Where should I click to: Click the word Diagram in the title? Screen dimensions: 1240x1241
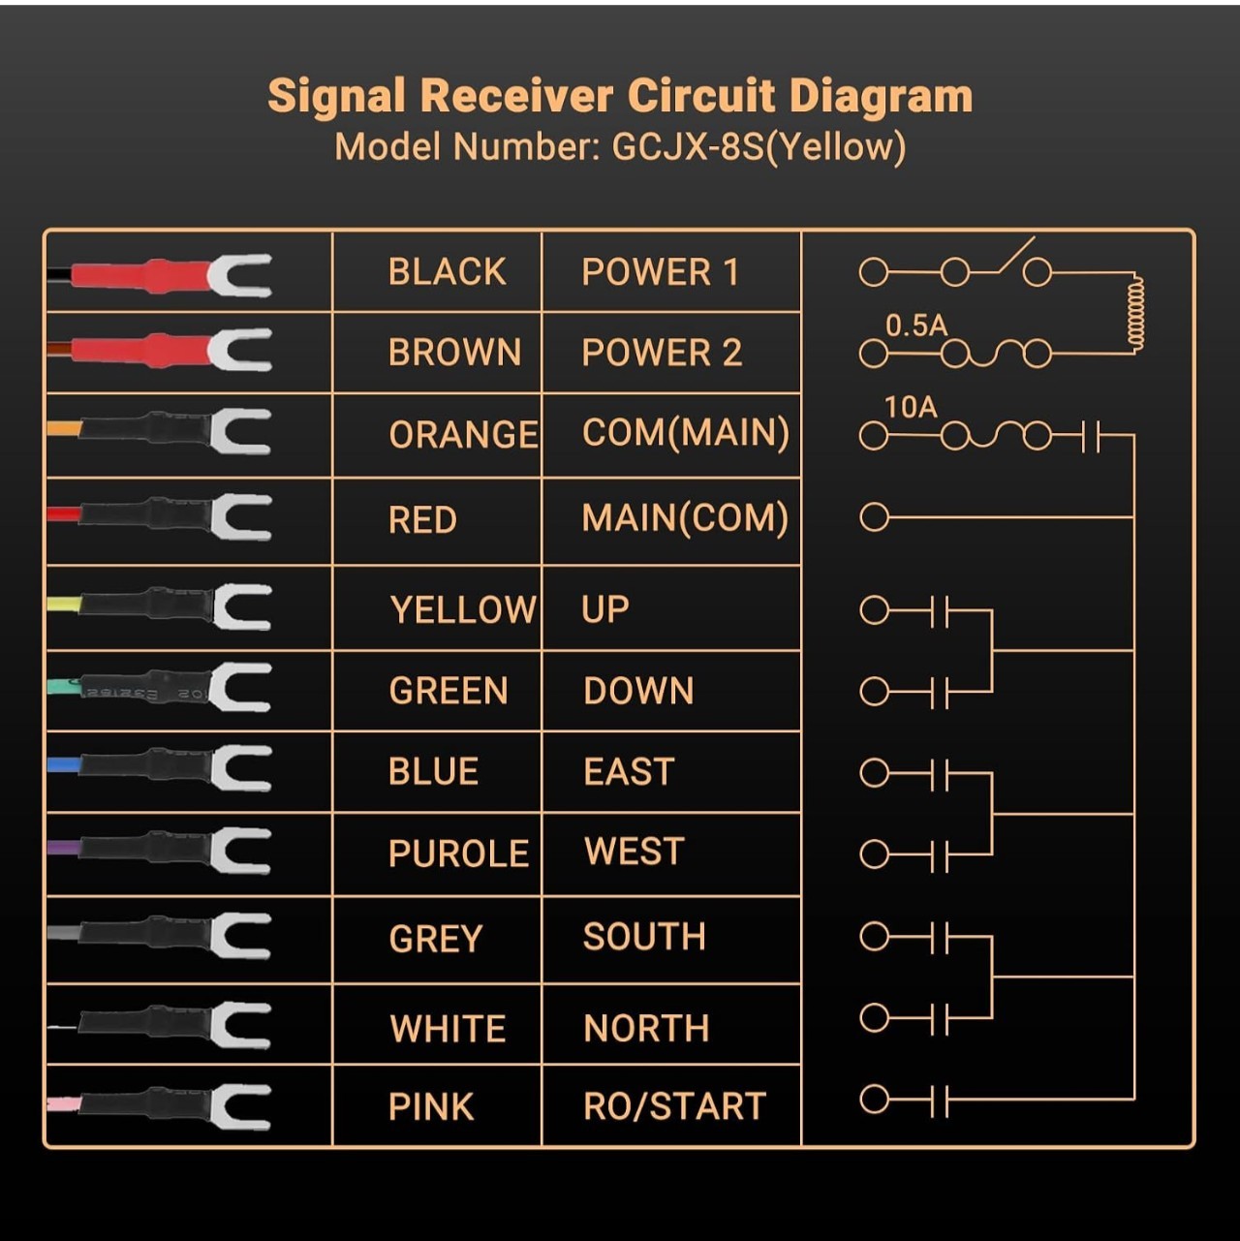point(881,97)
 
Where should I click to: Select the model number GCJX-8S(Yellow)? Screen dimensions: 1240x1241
point(759,147)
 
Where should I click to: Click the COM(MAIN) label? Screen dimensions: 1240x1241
point(685,433)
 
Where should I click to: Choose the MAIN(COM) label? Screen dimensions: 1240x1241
point(685,518)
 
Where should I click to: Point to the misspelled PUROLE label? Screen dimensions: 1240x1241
point(458,853)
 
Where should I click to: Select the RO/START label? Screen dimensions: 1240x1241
point(675,1106)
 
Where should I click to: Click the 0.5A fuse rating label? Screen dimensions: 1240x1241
point(916,326)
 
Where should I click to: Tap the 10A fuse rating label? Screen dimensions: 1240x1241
point(911,407)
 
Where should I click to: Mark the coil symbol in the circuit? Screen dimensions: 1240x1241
point(1134,314)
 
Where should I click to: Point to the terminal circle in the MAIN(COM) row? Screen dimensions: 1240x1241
point(874,517)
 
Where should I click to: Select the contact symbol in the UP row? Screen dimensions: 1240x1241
point(939,611)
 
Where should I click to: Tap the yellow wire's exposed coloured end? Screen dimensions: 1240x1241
point(64,605)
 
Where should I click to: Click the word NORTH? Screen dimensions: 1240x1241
point(646,1028)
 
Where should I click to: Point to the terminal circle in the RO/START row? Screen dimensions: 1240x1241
point(874,1099)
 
